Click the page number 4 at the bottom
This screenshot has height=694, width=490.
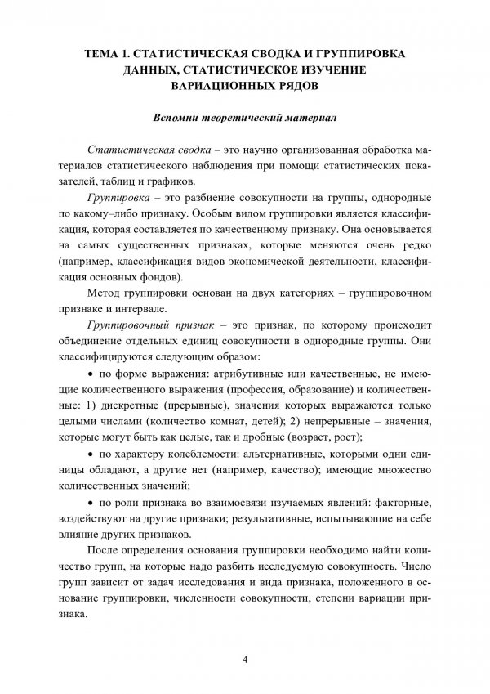coord(244,659)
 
